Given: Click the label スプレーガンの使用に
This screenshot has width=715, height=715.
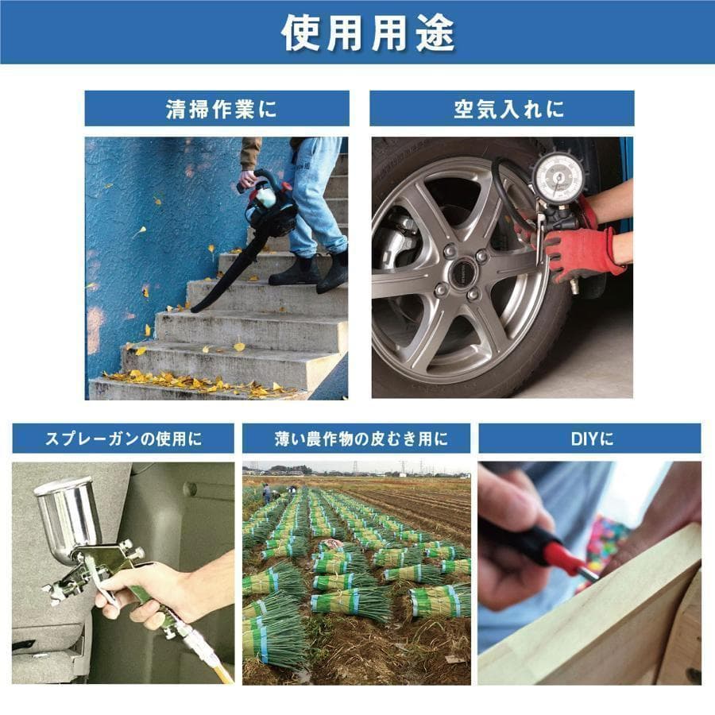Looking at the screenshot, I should pos(123,439).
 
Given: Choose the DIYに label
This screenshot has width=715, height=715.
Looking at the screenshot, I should pos(590,439).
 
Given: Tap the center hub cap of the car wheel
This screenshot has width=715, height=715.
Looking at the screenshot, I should pos(462,273).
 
